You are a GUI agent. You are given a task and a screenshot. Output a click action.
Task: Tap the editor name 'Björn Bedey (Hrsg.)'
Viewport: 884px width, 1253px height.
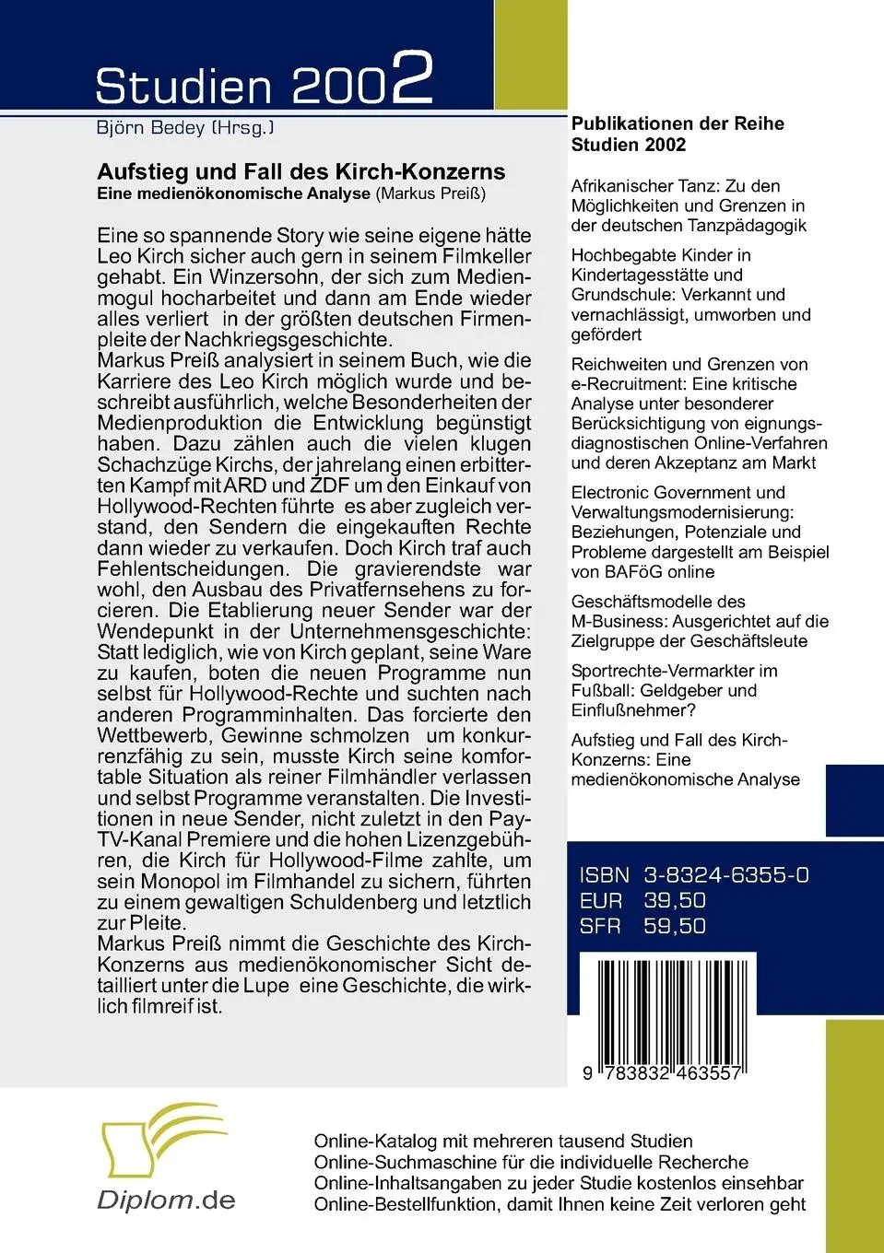click(185, 128)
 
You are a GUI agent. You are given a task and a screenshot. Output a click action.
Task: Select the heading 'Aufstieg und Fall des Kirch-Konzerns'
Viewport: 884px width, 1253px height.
click(301, 171)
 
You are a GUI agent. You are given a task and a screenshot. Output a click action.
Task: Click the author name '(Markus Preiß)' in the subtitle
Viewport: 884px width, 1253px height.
click(430, 193)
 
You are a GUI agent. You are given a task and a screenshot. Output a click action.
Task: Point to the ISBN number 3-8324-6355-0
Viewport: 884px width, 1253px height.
click(726, 875)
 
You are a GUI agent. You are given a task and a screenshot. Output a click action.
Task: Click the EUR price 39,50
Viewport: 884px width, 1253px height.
click(675, 901)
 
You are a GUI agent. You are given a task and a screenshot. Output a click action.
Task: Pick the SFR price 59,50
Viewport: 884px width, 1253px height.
click(675, 927)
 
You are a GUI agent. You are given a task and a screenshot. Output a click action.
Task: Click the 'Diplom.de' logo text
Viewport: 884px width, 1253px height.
click(167, 1200)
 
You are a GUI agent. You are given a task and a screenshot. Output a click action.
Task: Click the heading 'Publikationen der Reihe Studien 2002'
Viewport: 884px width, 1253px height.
click(678, 134)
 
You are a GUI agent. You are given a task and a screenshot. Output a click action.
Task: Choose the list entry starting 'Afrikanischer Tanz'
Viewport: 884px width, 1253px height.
click(689, 205)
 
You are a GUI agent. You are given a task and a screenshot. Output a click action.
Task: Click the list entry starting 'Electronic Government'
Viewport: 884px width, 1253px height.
click(700, 532)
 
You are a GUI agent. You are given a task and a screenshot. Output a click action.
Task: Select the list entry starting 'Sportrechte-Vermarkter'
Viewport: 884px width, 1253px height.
click(674, 690)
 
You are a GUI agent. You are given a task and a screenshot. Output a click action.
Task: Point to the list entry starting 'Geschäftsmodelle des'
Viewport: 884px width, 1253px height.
click(700, 621)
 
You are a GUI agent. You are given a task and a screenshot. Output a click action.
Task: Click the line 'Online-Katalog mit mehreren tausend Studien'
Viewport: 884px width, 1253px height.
click(503, 1142)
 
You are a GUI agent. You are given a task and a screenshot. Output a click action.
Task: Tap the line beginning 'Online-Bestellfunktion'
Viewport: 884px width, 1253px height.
click(560, 1204)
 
